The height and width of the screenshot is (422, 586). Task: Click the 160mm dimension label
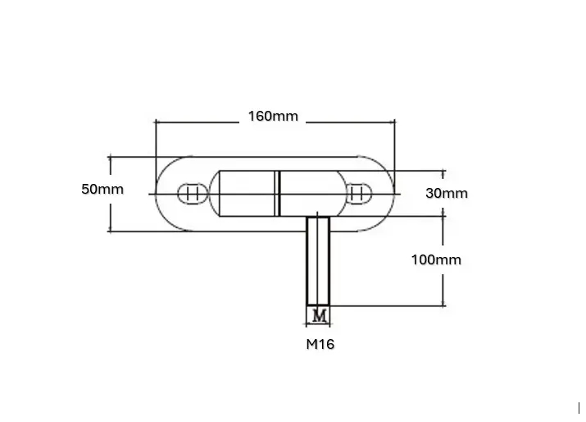[x=273, y=116]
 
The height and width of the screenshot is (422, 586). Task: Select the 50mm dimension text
[x=102, y=189]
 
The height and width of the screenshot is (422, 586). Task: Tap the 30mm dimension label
[x=447, y=194]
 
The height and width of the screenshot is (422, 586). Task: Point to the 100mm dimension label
[x=435, y=260]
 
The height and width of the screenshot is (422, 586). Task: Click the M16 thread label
[x=320, y=345]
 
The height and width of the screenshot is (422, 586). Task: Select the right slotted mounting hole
[x=357, y=194]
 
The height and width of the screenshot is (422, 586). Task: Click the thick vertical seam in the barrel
[x=278, y=194]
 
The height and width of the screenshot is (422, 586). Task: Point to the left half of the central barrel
[x=247, y=194]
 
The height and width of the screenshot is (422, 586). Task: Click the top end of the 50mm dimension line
[x=110, y=156]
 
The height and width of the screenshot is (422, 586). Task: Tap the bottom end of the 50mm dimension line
[x=110, y=232]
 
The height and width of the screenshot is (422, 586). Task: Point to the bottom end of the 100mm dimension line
[x=443, y=305]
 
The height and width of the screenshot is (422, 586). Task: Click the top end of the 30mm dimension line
[x=443, y=172]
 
